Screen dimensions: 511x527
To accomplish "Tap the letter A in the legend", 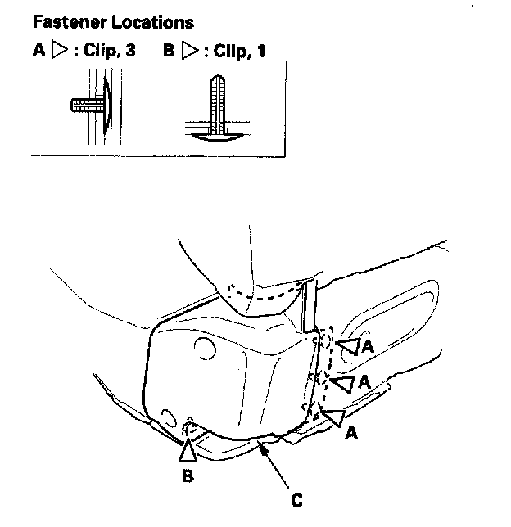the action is (38, 51).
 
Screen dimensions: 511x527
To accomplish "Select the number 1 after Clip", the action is (260, 51).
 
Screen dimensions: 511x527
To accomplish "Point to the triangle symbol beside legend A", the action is (57, 51).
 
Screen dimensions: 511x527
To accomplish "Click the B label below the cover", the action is (188, 475).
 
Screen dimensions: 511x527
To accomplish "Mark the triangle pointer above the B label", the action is (188, 449).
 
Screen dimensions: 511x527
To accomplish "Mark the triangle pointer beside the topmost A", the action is (348, 348).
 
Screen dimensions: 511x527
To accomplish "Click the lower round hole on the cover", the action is (169, 417).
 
